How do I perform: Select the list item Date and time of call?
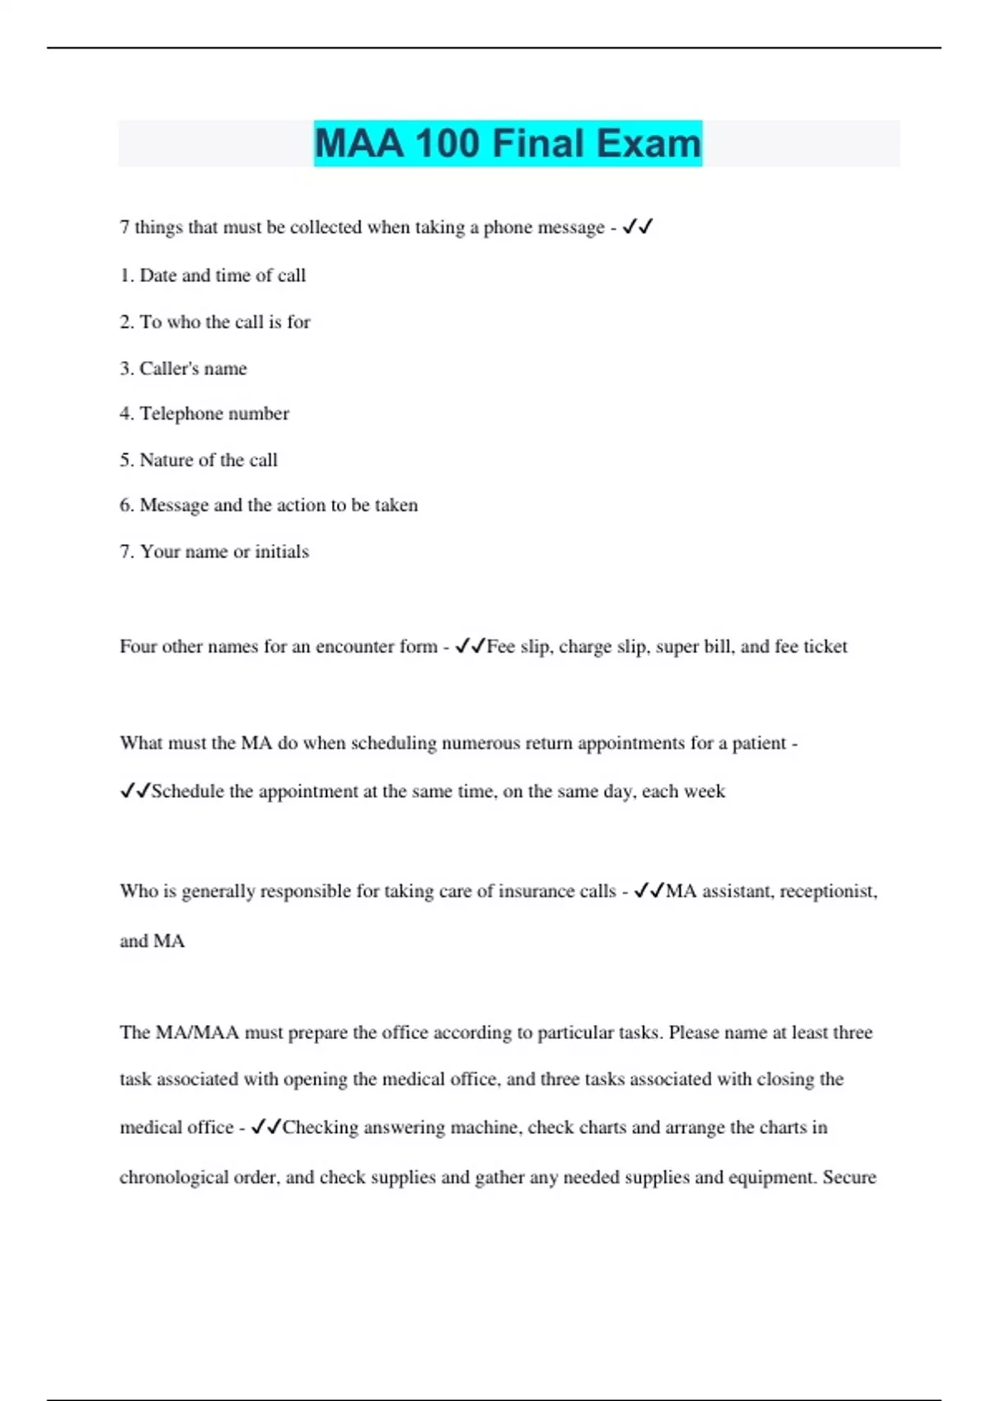213,275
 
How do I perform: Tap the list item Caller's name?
183,368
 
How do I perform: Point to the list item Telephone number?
204,414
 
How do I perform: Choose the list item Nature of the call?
199,460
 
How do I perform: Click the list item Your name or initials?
214,551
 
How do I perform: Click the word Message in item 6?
174,505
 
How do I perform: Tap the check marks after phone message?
638,227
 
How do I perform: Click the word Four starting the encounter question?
138,646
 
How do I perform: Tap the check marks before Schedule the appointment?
135,791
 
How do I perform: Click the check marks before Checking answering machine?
266,1127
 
